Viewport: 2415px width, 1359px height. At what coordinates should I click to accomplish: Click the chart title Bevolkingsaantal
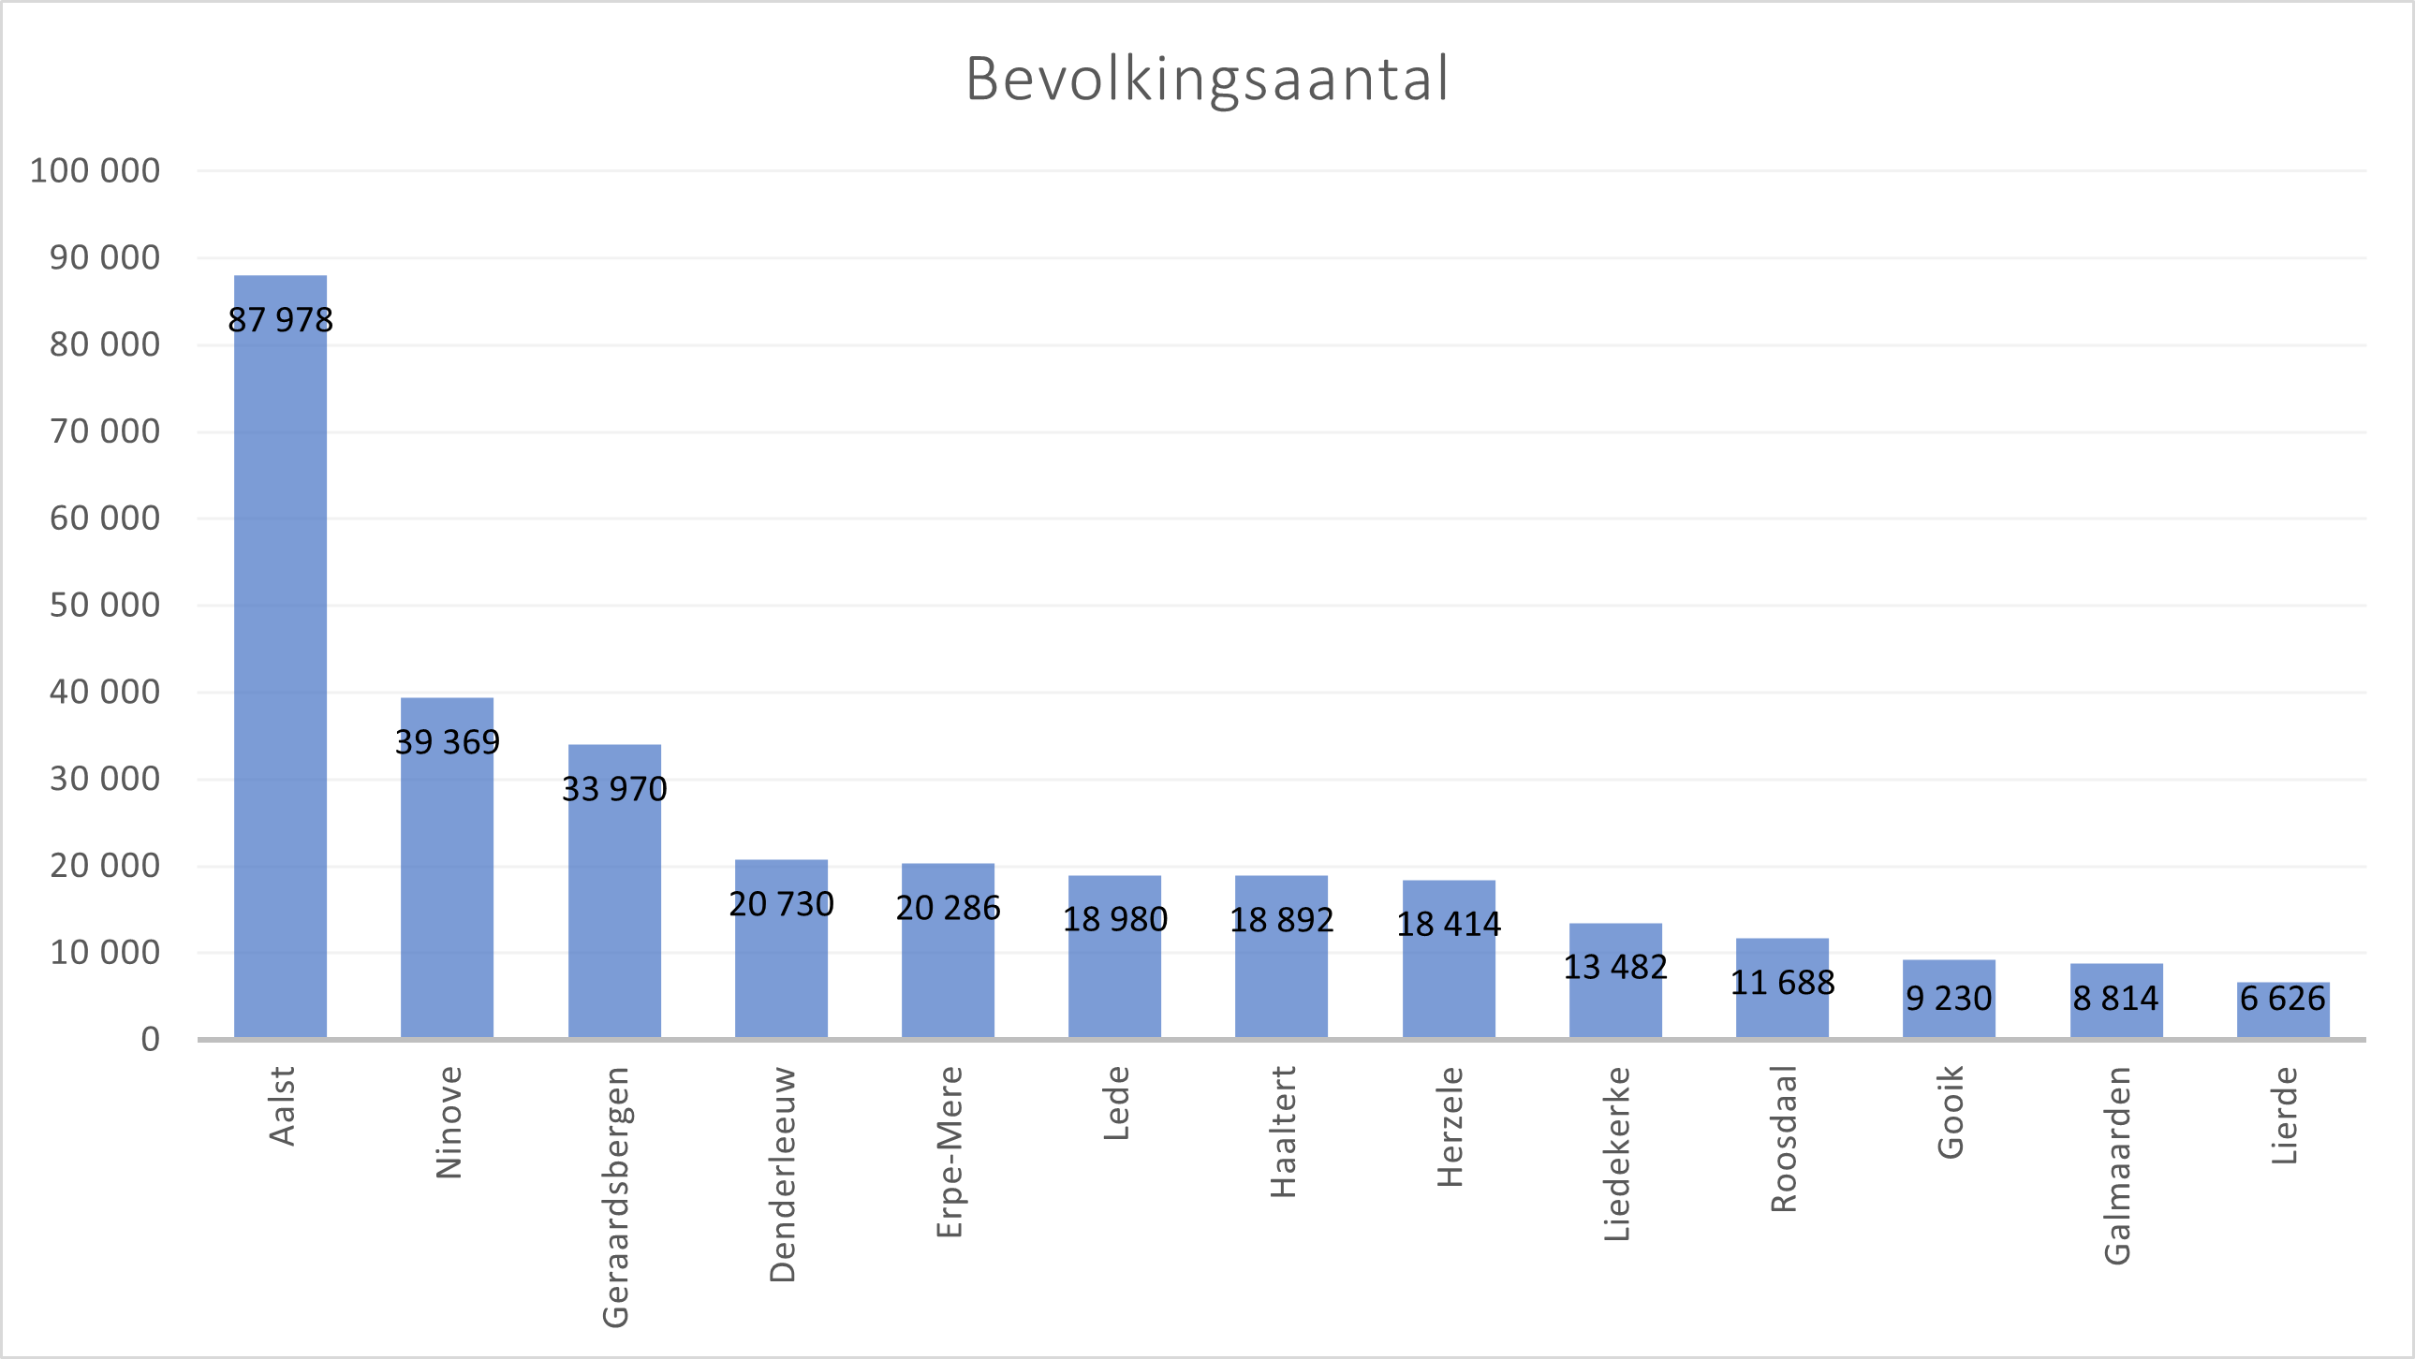pyautogui.click(x=1208, y=79)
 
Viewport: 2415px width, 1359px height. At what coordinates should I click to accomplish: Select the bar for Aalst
pyautogui.click(x=280, y=656)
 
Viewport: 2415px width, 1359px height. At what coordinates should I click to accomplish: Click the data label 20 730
pyautogui.click(x=781, y=904)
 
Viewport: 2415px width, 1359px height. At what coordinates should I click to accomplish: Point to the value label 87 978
pyautogui.click(x=280, y=320)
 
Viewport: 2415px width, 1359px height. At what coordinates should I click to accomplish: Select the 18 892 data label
pyautogui.click(x=1282, y=920)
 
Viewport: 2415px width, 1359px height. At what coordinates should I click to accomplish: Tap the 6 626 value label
pyautogui.click(x=2283, y=999)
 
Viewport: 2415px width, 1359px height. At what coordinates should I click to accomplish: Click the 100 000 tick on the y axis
pyautogui.click(x=95, y=171)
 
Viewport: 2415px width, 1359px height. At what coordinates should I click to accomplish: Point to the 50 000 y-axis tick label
pyautogui.click(x=105, y=606)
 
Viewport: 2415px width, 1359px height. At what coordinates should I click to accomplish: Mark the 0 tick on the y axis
pyautogui.click(x=150, y=1040)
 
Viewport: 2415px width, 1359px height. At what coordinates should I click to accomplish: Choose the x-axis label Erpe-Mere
pyautogui.click(x=950, y=1152)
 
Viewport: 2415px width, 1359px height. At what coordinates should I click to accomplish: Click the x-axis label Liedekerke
pyautogui.click(x=1617, y=1154)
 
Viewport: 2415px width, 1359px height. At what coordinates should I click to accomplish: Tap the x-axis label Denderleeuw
pyautogui.click(x=783, y=1175)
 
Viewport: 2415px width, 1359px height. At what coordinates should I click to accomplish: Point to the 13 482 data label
pyautogui.click(x=1615, y=967)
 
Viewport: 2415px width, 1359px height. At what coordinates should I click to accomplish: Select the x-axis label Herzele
pyautogui.click(x=1450, y=1127)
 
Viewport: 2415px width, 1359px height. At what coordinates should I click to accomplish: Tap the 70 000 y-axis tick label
pyautogui.click(x=105, y=432)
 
